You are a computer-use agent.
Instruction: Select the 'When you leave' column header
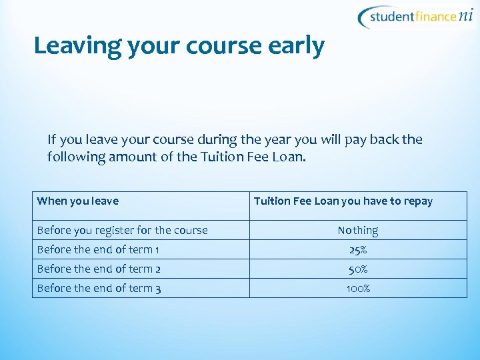tap(78, 201)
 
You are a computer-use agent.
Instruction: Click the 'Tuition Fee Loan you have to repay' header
tap(343, 201)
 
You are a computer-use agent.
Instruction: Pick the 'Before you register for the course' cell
tap(123, 230)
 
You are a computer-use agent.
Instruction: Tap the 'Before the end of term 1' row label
tap(98, 249)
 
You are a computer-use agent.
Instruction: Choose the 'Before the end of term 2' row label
tap(99, 269)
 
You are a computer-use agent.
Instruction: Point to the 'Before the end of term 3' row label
tap(99, 288)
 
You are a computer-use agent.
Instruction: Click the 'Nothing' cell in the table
tap(358, 230)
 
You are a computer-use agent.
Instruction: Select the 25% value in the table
tap(358, 249)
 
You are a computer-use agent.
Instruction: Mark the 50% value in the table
tap(358, 269)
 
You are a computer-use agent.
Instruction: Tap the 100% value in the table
tap(358, 288)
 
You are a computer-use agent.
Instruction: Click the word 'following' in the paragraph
tap(71, 157)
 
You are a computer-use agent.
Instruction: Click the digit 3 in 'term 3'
tap(157, 288)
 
